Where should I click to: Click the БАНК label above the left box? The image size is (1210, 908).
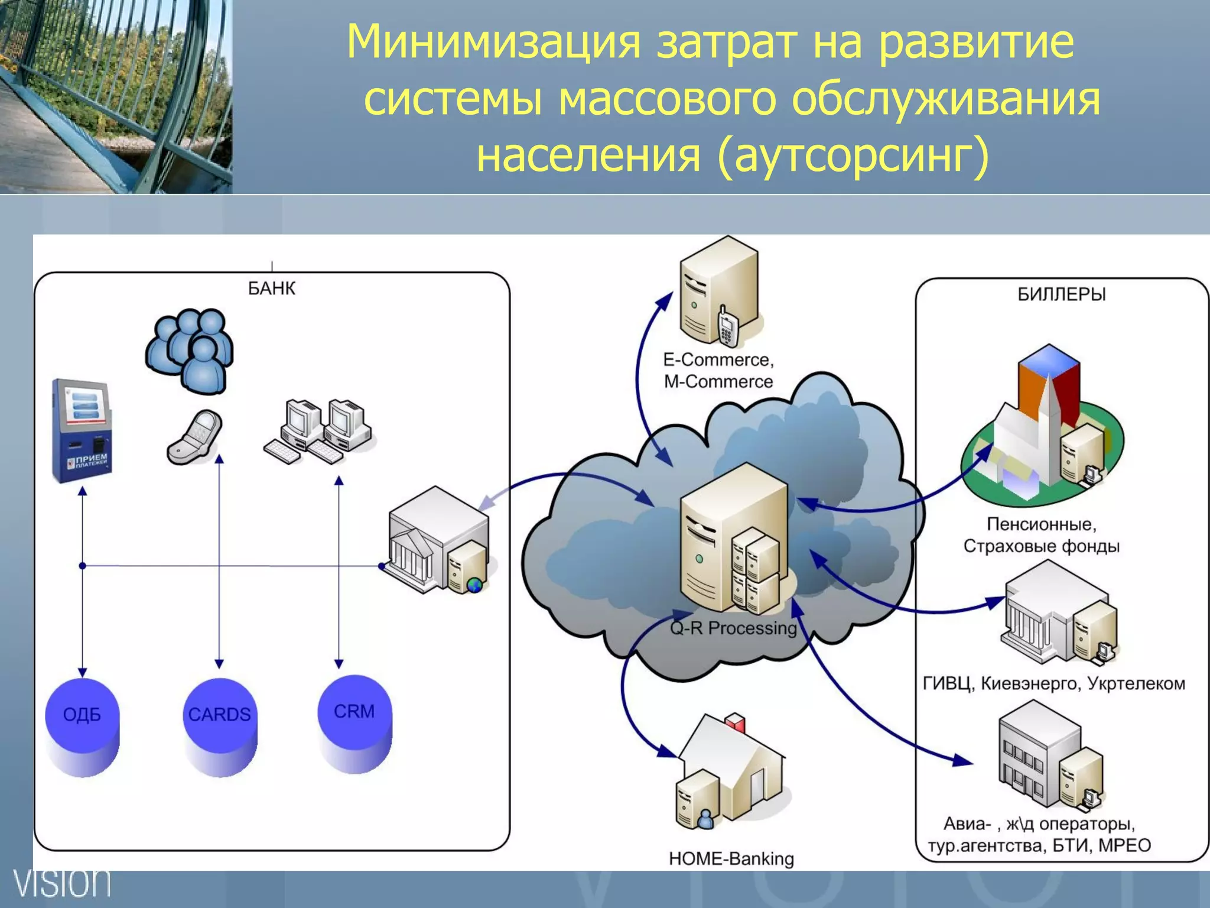[271, 288]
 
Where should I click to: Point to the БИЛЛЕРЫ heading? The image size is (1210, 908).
[1061, 294]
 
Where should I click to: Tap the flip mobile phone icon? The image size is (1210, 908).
[195, 437]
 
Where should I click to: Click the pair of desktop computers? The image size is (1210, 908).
[320, 431]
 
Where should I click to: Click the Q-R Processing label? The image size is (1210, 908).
[733, 628]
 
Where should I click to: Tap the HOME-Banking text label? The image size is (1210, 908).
[731, 858]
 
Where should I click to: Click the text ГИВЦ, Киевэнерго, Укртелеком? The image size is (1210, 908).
[1053, 684]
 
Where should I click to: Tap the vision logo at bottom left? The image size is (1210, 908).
[62, 883]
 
